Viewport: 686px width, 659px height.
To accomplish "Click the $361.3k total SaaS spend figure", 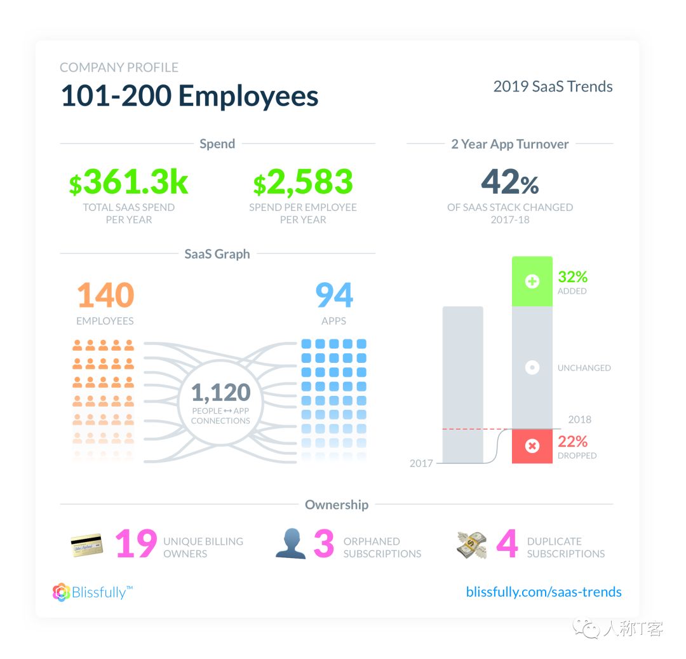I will [128, 182].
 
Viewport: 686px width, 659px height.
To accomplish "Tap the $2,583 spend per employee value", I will [302, 182].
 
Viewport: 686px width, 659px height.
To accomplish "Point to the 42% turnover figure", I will [509, 182].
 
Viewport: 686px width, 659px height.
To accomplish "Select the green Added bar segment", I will [532, 282].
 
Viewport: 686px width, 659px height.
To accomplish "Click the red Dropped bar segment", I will [532, 446].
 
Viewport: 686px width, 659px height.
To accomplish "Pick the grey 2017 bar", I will [462, 384].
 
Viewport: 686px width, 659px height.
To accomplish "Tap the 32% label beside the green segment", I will [572, 277].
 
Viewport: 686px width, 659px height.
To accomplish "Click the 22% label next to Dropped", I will [572, 442].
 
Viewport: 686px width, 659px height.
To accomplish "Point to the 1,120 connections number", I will [220, 393].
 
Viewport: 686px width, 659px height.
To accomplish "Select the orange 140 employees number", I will [105, 296].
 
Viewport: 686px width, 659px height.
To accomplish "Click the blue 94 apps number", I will [334, 296].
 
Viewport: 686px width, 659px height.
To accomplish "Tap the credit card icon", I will [87, 545].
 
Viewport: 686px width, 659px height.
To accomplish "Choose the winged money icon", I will [472, 545].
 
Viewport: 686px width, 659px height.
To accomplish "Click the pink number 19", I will [136, 545].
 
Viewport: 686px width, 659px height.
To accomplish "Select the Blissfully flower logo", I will [61, 592].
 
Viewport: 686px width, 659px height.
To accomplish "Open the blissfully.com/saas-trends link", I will [544, 592].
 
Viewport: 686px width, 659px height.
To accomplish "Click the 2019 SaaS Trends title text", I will [553, 87].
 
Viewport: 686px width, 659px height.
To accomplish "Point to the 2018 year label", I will [579, 419].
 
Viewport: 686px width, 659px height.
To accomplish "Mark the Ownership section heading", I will [337, 505].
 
